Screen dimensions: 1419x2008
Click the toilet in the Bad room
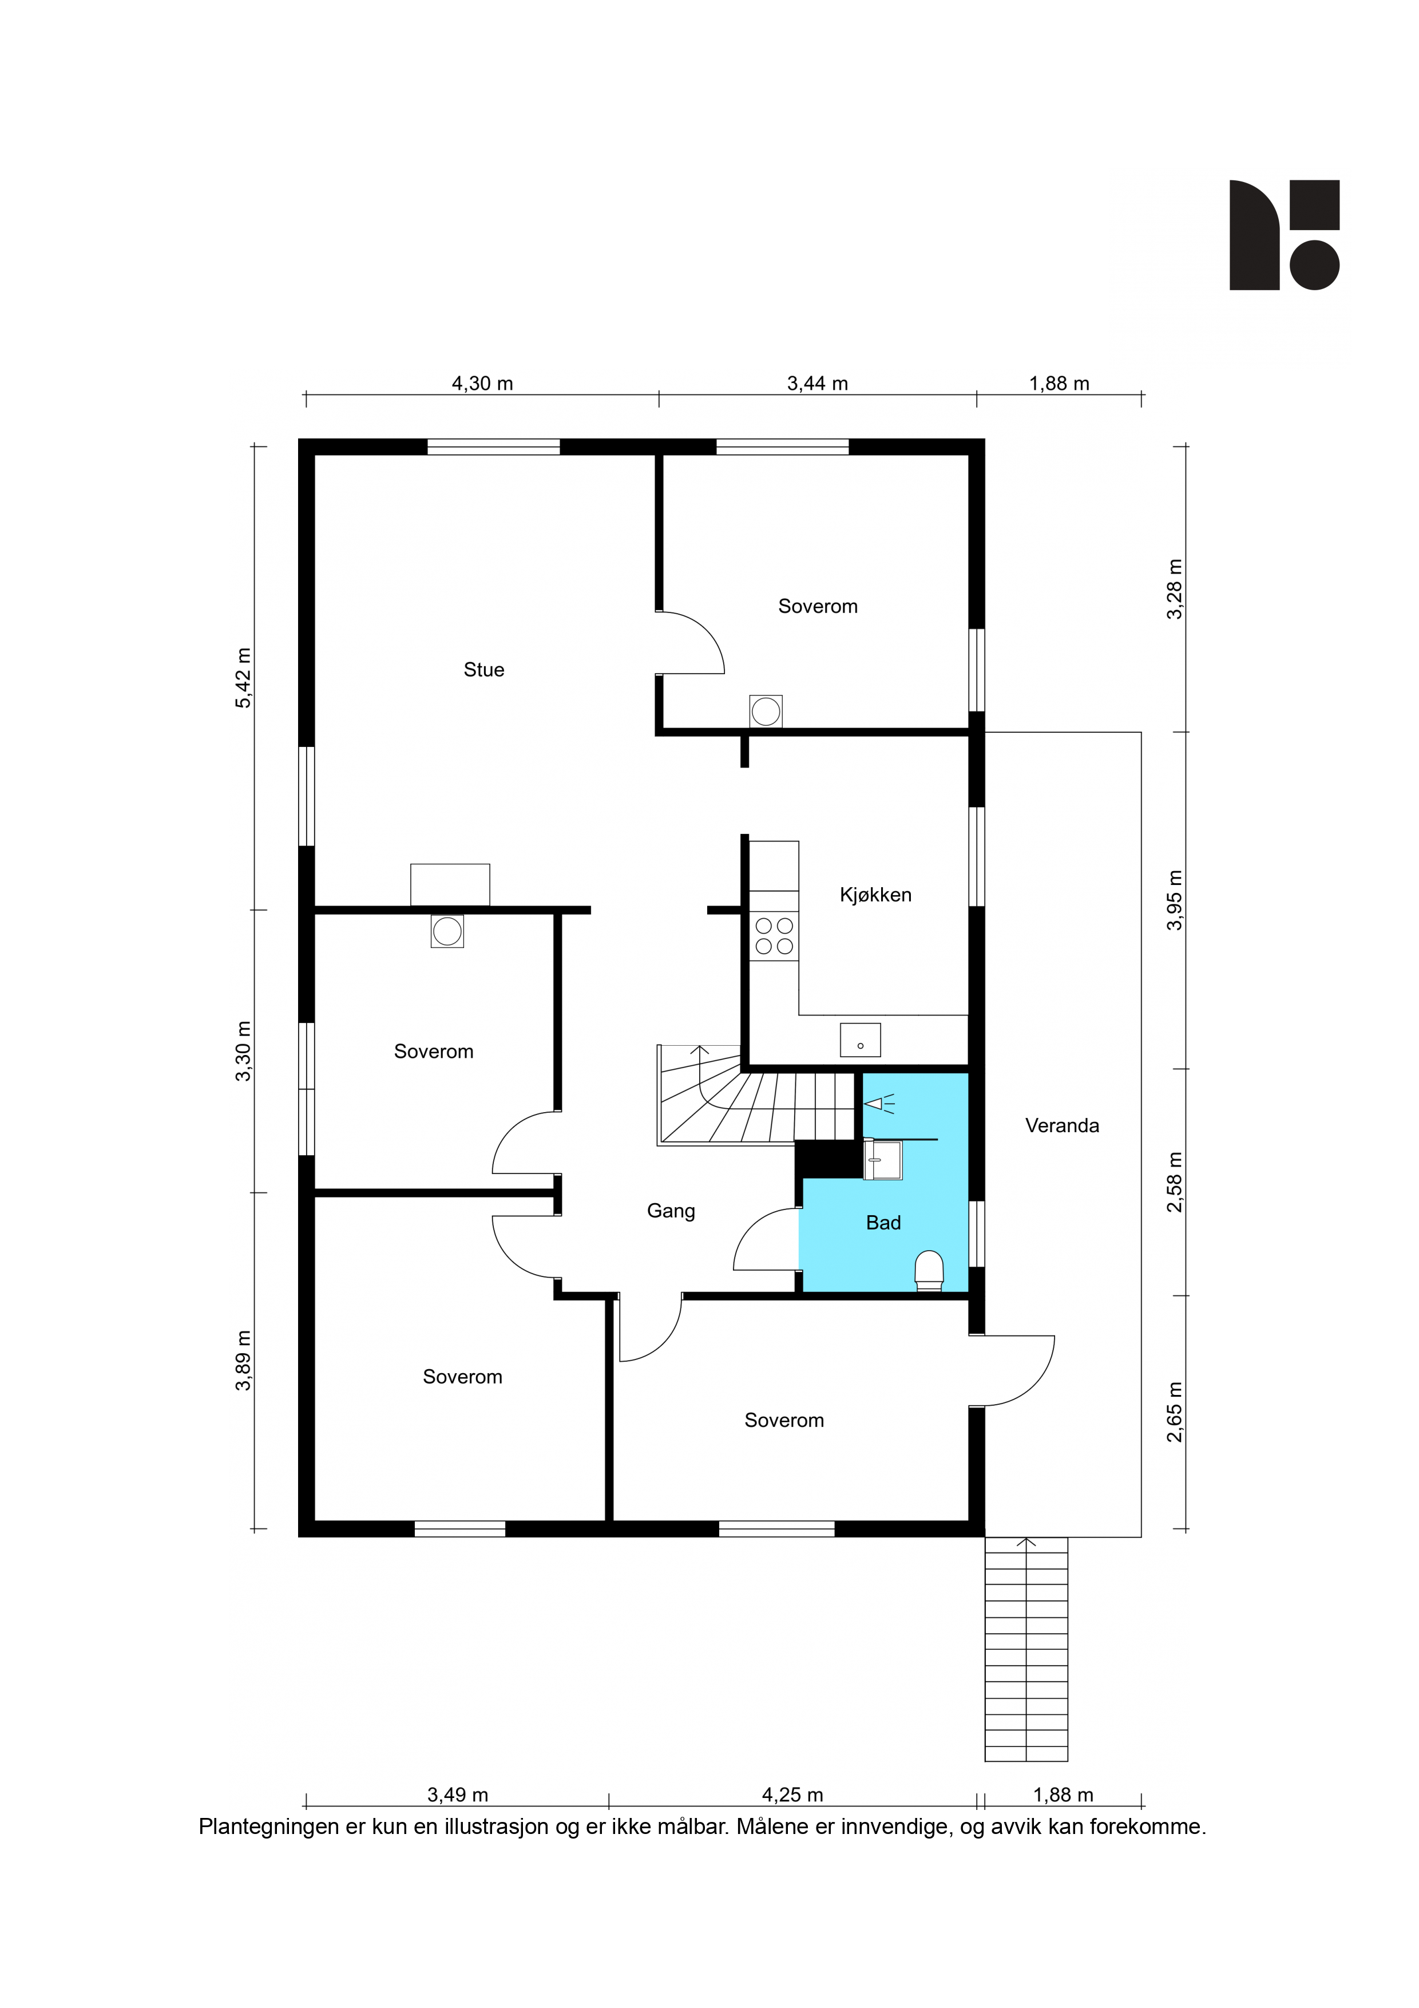[x=929, y=1270]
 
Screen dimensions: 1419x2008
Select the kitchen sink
[x=861, y=1040]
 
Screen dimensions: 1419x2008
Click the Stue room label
[x=483, y=670]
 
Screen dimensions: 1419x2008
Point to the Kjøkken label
[x=875, y=895]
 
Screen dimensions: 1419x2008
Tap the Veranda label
[x=1061, y=1125]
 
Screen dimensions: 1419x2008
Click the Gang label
[x=671, y=1211]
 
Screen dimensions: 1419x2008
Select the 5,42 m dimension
[x=243, y=678]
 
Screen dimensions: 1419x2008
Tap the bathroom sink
[x=882, y=1160]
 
